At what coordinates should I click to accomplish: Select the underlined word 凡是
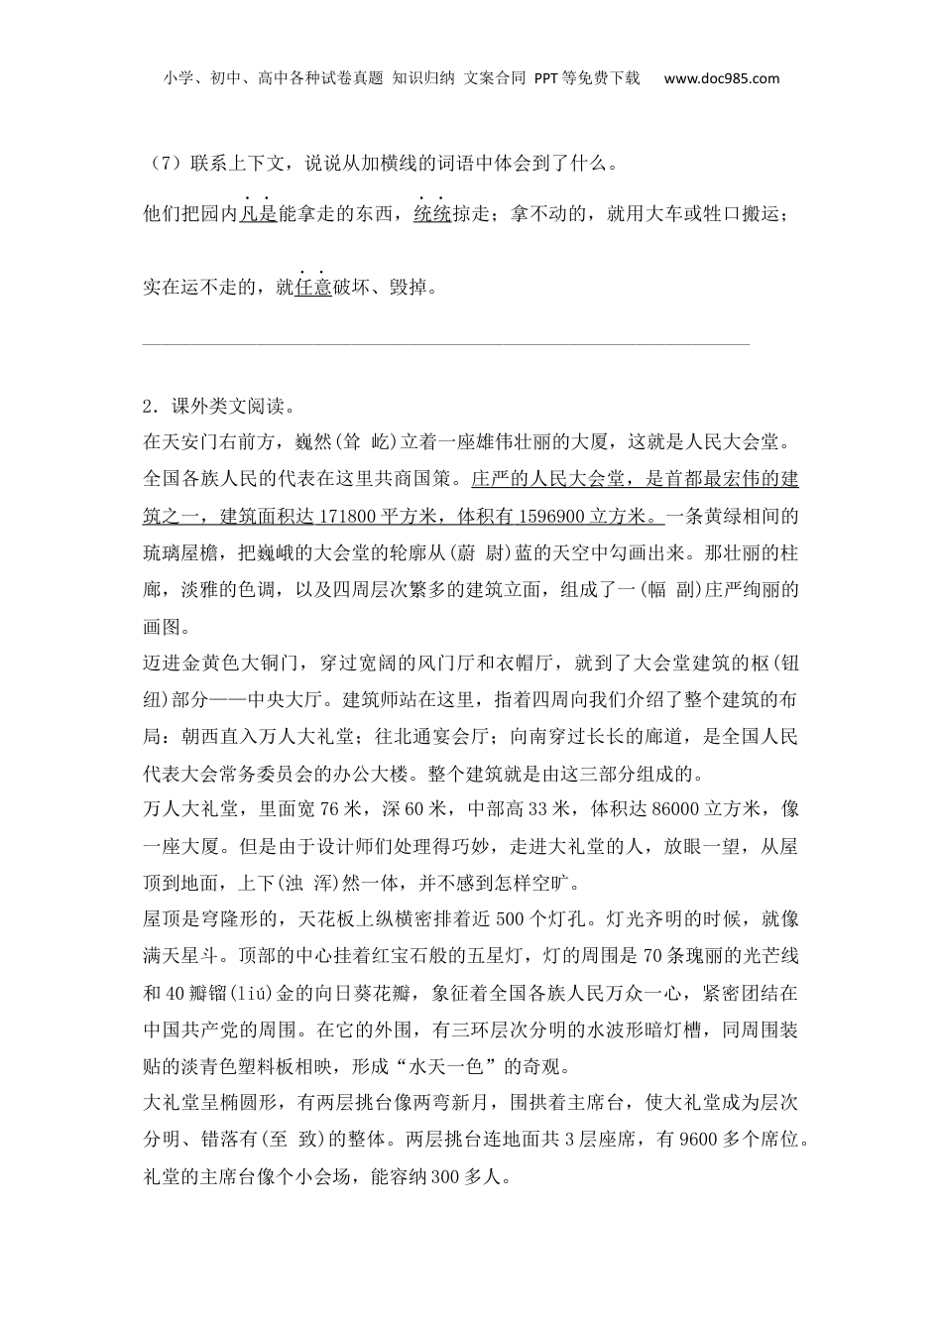click(258, 213)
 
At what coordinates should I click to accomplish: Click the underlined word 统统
click(432, 213)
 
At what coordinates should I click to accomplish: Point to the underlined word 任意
click(313, 288)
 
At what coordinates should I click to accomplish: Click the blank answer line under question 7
click(446, 345)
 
